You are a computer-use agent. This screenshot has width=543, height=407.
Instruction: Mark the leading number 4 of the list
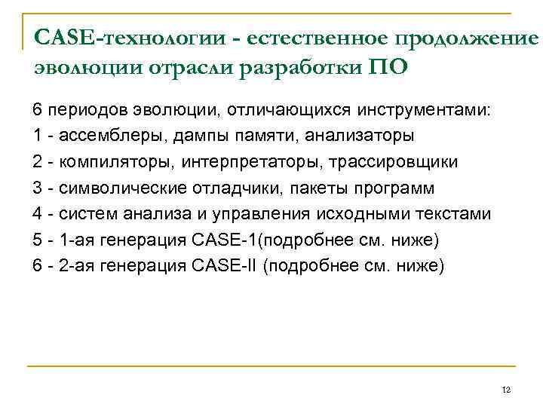point(37,214)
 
